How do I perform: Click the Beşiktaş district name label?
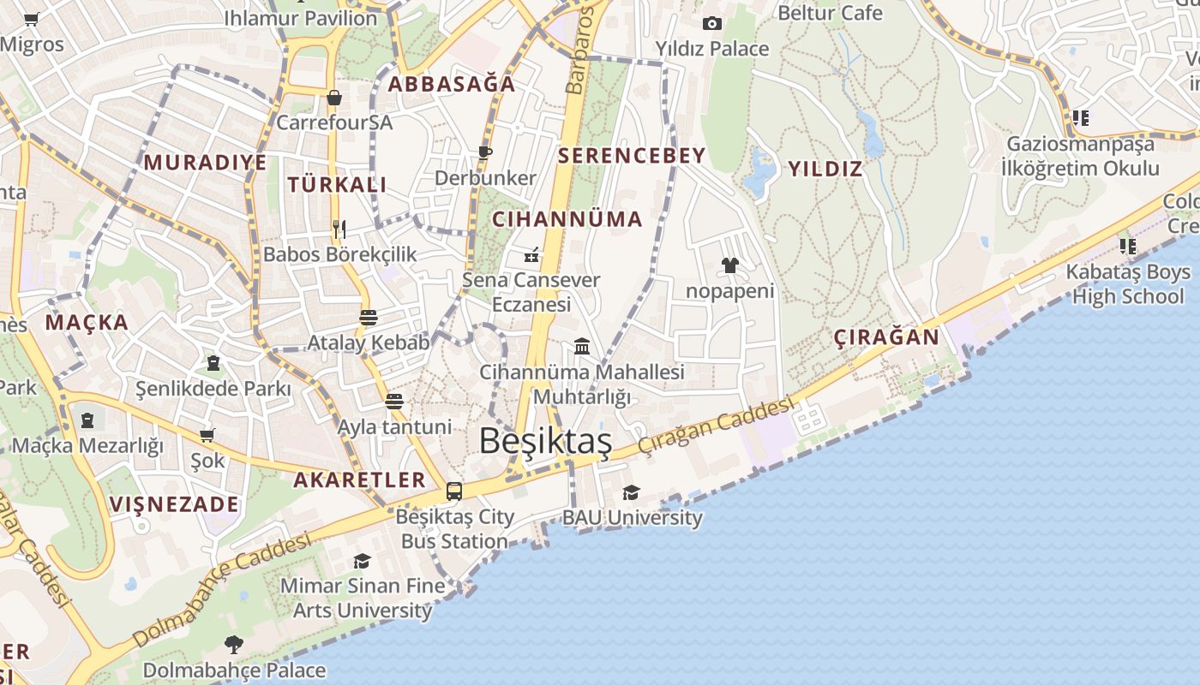tap(545, 441)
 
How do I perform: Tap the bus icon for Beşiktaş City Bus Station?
tap(454, 491)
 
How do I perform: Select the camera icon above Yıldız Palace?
tap(712, 23)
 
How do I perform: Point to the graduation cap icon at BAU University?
tap(632, 492)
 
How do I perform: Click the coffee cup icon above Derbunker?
tap(485, 152)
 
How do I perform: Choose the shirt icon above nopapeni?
tap(730, 265)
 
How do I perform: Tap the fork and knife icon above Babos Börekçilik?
tap(339, 229)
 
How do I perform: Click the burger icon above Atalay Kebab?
tap(369, 318)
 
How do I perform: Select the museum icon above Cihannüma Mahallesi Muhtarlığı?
tap(582, 346)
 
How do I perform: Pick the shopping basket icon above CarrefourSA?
tap(334, 98)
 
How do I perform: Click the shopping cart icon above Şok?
tap(207, 435)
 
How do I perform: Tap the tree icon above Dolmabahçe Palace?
tap(233, 644)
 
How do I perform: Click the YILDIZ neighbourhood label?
tap(825, 169)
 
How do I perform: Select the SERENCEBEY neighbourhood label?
tap(632, 156)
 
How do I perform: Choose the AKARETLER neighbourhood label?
tap(359, 479)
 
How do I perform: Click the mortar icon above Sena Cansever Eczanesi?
tap(531, 254)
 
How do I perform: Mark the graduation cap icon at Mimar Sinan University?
tap(363, 561)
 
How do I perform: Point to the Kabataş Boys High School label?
tap(1127, 284)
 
